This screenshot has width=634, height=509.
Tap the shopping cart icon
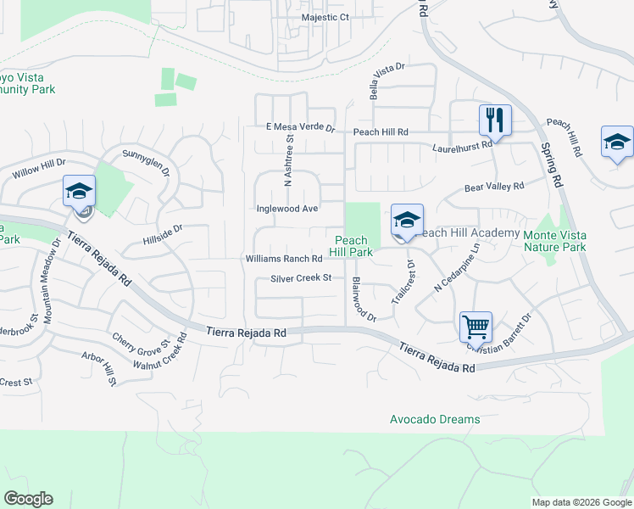point(475,326)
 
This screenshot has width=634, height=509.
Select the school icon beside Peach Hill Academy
point(407,220)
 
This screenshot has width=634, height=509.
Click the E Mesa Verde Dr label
point(300,127)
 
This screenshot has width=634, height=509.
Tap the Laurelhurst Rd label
point(462,145)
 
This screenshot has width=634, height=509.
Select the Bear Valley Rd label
point(494,185)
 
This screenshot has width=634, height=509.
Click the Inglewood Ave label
point(287,208)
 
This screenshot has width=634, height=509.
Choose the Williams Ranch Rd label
point(284,259)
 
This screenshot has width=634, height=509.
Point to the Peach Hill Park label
point(351,246)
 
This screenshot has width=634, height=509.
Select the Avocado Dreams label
point(435,419)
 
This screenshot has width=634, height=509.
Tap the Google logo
point(28,499)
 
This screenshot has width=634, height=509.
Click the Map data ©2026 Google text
point(581,502)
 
